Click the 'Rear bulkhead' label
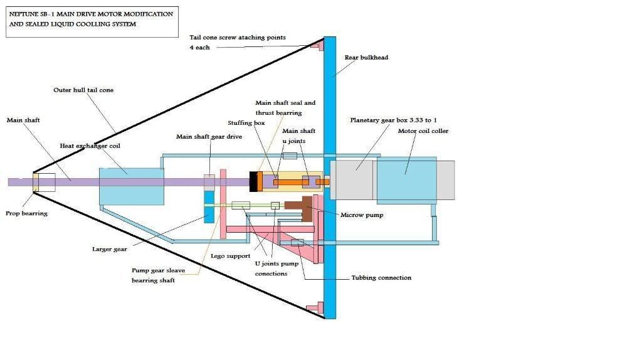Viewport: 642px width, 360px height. point(366,58)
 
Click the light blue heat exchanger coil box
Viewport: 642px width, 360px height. point(130,186)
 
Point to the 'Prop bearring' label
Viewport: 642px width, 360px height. point(27,213)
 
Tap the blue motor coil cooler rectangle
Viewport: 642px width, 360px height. point(406,179)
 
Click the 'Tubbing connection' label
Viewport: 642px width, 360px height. point(381,277)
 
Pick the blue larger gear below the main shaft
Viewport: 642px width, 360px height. point(209,206)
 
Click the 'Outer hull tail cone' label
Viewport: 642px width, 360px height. point(83,90)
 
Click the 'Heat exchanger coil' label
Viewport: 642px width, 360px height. point(90,146)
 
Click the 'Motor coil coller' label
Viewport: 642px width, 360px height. point(423,131)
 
